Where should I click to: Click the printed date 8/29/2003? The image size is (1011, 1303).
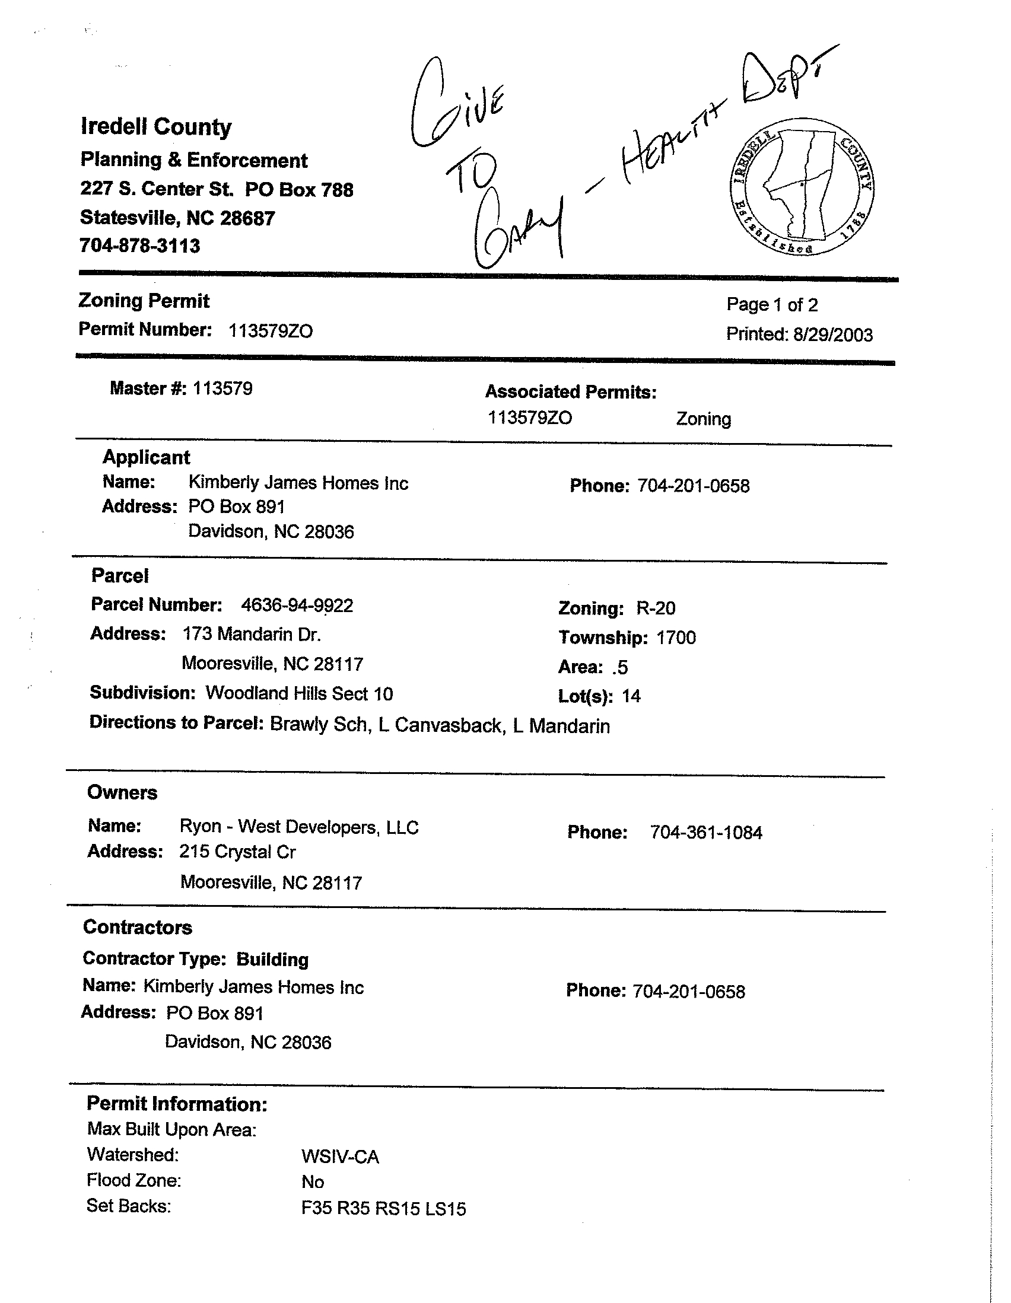coord(832,334)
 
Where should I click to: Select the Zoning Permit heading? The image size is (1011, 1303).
coord(144,301)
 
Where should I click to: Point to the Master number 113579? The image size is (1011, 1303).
coord(222,389)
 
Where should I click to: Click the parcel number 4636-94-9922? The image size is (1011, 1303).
coord(297,606)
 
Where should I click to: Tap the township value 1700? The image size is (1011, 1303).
coord(676,638)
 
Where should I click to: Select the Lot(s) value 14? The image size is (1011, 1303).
coord(631,696)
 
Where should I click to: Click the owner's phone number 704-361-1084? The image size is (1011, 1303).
coord(706,832)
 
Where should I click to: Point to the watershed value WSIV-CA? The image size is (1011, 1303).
coord(340,1157)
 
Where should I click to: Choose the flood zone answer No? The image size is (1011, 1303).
coord(313,1182)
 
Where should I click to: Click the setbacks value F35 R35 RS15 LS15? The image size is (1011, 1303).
coord(383,1209)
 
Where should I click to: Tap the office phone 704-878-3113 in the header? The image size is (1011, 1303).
coord(140,246)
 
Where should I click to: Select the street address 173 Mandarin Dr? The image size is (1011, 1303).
coord(252,633)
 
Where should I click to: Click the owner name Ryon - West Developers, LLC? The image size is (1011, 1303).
coord(299,827)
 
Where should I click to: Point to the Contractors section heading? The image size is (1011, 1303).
coord(138,927)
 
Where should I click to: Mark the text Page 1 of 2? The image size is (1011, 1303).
coord(772,305)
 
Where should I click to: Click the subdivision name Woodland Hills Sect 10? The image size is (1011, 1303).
coord(300,693)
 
